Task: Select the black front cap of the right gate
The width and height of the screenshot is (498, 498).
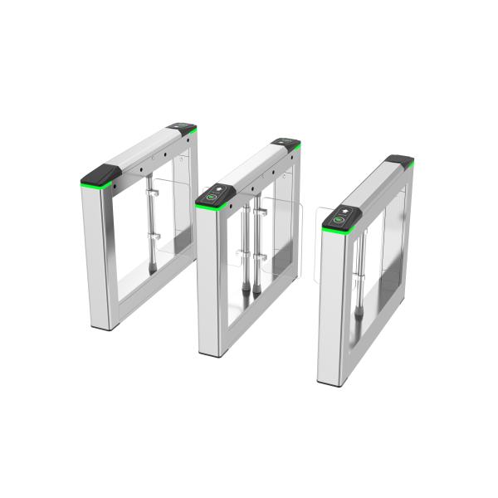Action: pos(341,218)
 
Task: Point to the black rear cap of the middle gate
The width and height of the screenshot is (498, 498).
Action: pos(286,143)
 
